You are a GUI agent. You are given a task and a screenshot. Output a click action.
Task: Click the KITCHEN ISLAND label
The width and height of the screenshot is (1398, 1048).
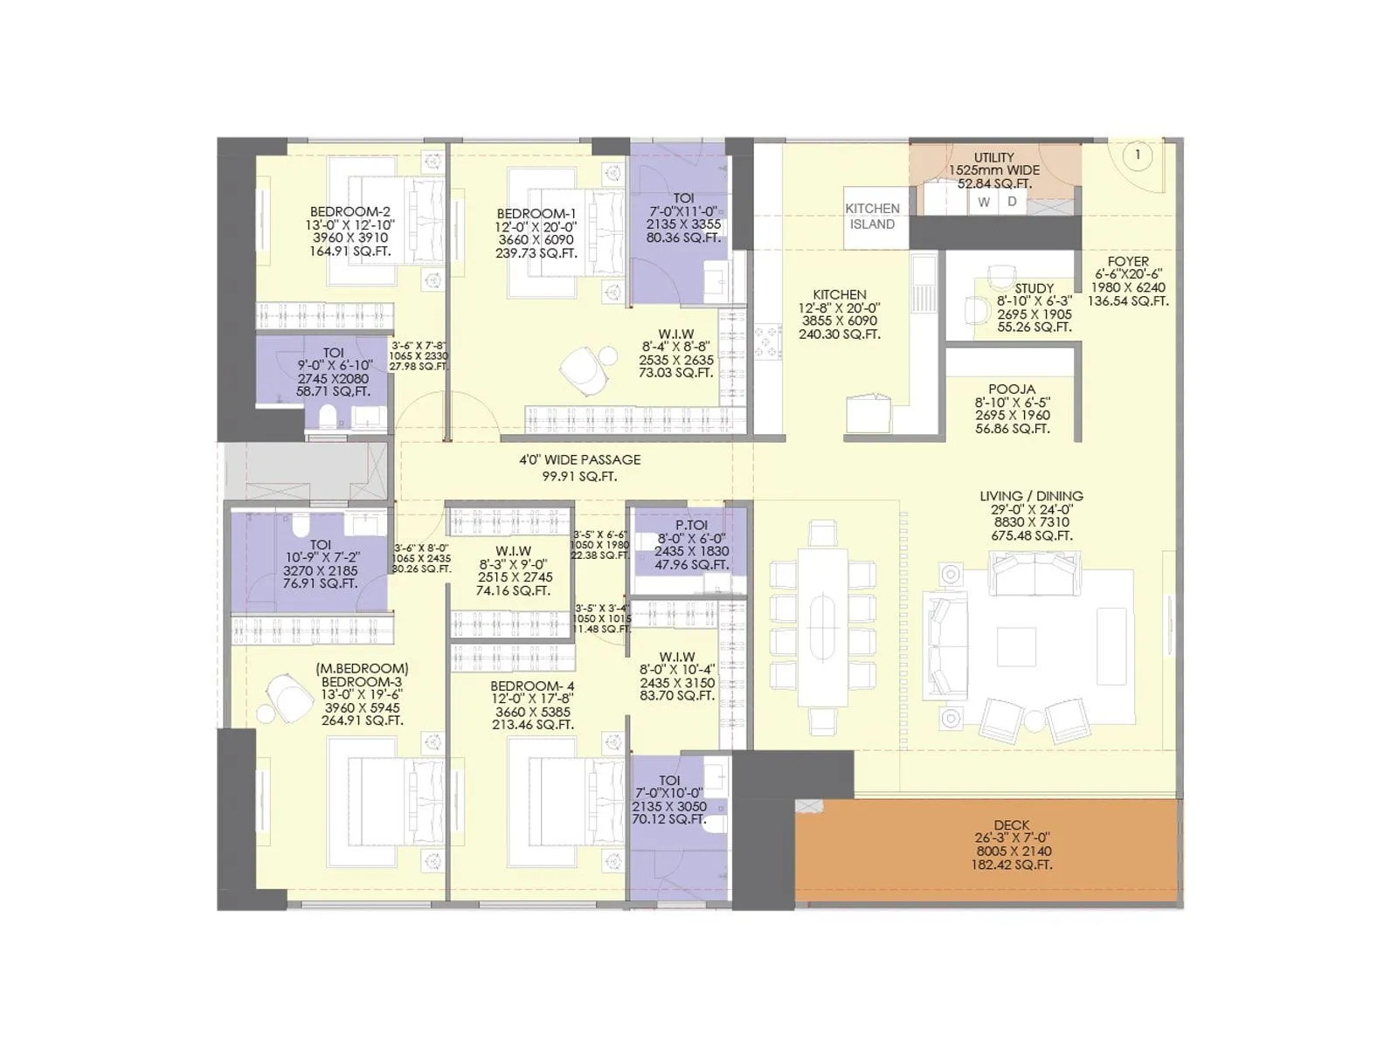coord(872,217)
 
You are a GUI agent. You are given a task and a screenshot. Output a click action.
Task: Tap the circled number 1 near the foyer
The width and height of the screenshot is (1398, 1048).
coord(1137,155)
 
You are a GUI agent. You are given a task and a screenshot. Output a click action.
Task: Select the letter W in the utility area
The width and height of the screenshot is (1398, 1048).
coord(984,202)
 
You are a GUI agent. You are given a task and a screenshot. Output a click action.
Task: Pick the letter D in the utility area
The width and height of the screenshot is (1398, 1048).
coord(1012,202)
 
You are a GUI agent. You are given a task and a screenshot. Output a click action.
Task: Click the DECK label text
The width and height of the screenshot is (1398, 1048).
coord(1011,824)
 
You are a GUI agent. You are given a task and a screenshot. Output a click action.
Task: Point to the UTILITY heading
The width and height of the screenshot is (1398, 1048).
coord(994,158)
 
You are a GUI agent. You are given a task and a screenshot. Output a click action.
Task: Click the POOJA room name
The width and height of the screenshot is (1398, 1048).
coord(1012,390)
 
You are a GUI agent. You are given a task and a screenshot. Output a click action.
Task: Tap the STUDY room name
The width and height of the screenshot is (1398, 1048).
coord(1034,288)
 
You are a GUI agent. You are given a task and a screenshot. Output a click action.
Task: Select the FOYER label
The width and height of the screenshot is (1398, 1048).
coord(1128,261)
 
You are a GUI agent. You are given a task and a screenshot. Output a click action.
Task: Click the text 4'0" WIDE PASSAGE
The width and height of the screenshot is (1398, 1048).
coord(579,459)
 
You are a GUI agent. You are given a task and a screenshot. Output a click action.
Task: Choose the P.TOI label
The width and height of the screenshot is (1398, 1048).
coord(691,525)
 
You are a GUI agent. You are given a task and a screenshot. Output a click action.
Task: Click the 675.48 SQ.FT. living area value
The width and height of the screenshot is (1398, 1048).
coord(1032,535)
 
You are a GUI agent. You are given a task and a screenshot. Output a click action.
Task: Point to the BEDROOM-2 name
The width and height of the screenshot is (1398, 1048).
coord(349,211)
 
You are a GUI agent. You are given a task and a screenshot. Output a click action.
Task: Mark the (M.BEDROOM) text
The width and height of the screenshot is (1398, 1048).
coord(362,668)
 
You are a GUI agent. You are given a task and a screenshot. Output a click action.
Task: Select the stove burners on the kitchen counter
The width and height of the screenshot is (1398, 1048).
coord(768,341)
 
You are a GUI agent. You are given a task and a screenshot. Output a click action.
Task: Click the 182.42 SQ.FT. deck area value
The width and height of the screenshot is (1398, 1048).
coord(1011,865)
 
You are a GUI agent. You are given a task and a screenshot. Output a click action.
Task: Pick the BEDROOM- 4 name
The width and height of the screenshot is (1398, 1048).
coord(532,686)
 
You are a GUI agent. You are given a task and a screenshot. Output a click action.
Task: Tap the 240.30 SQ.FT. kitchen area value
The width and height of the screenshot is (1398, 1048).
coord(839,334)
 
